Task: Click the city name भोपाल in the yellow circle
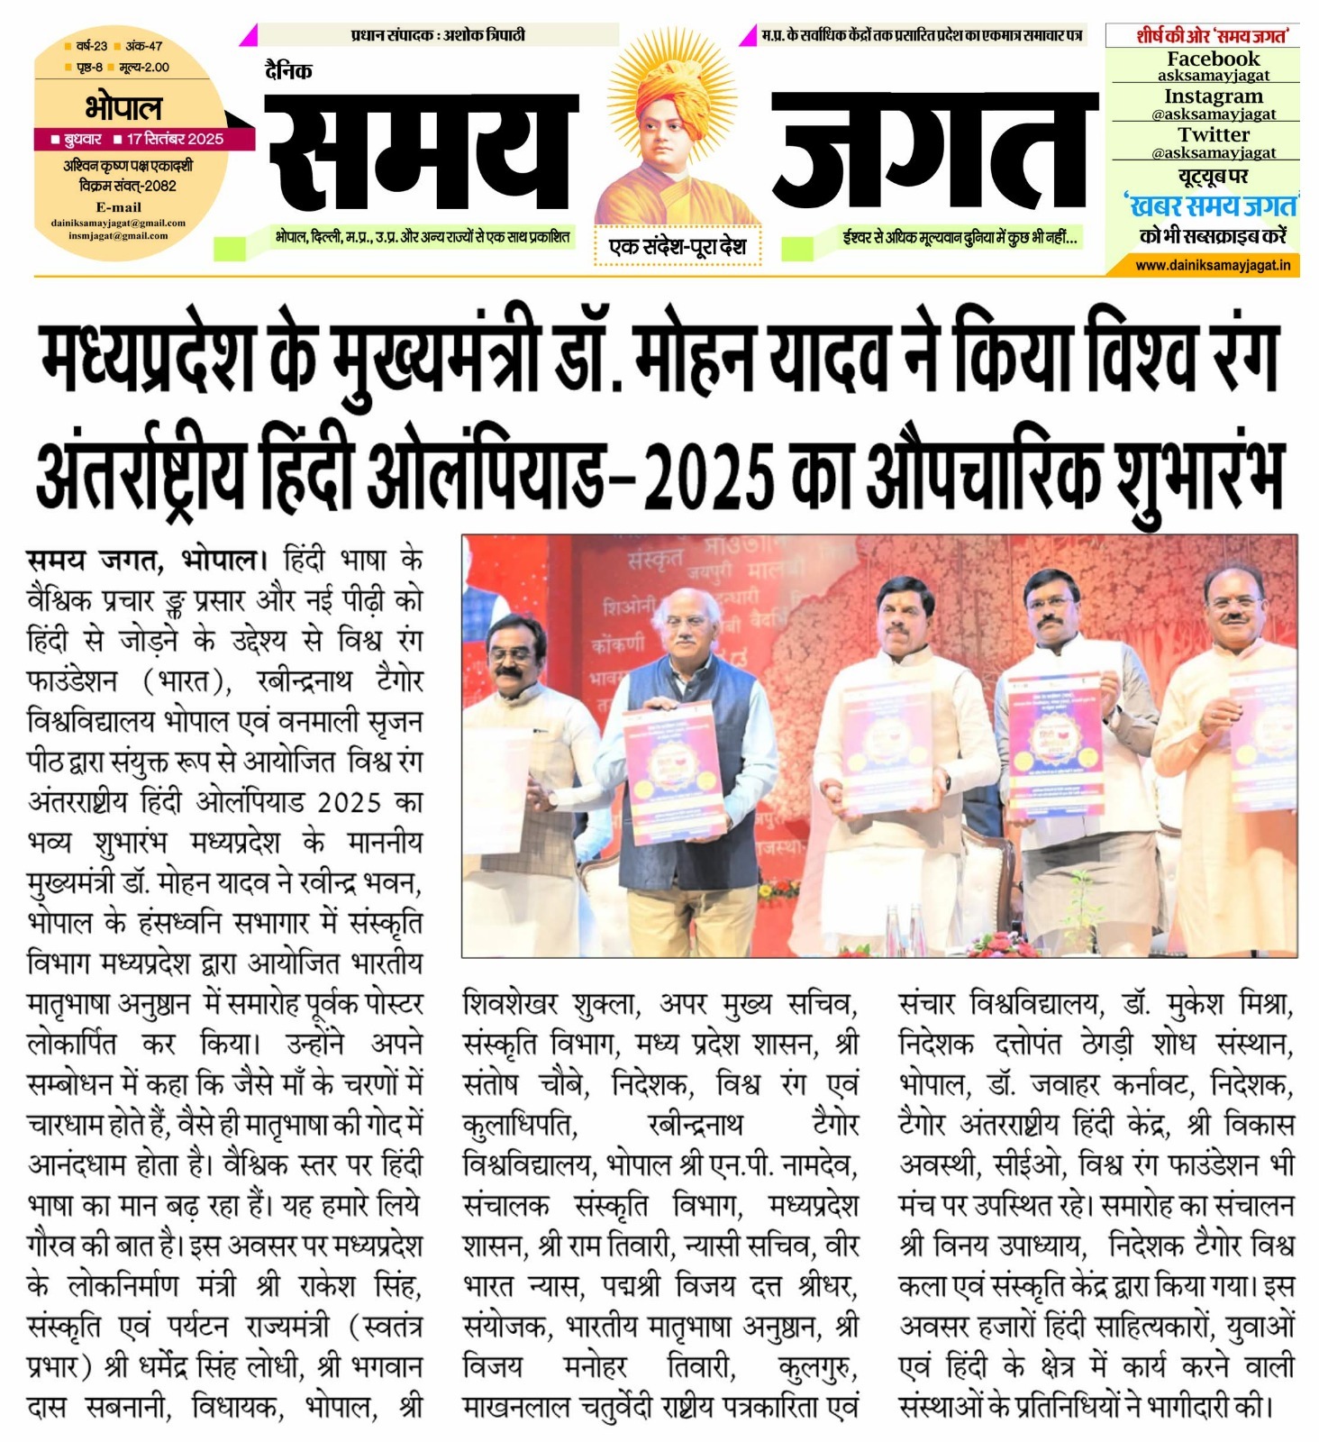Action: (124, 108)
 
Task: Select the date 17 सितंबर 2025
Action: (175, 139)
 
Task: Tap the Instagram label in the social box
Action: (1213, 96)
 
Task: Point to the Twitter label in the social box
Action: (1213, 135)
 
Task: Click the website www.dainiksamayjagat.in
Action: (1213, 265)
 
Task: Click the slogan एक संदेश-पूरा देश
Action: (678, 246)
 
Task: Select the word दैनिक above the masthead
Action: (288, 71)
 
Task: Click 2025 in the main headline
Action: (709, 475)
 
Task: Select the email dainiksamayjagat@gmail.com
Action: (118, 223)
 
